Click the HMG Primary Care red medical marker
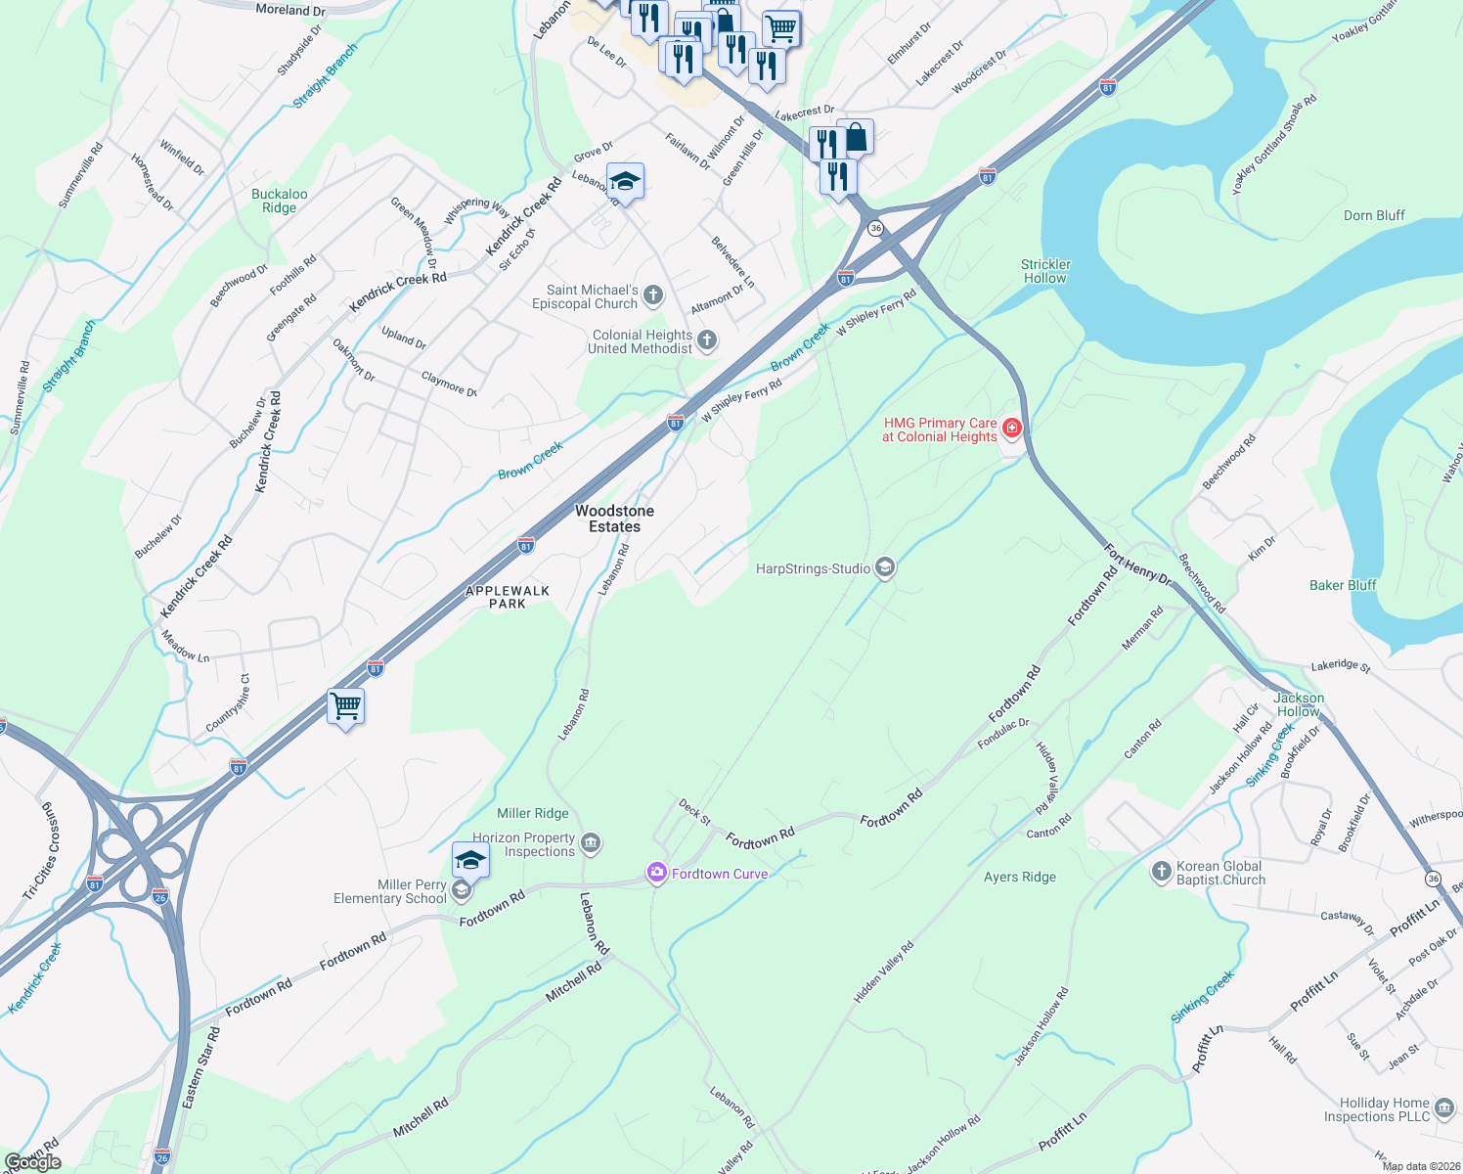point(1012,429)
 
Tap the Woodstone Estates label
point(614,519)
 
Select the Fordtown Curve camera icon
point(656,873)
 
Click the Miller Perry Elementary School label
point(390,891)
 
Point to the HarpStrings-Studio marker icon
point(884,568)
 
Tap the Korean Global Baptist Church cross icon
point(1161,872)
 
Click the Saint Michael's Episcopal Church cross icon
point(653,295)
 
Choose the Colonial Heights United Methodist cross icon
point(707,340)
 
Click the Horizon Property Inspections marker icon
point(591,843)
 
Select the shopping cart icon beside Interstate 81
point(346,705)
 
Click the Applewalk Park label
point(508,597)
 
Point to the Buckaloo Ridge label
point(280,201)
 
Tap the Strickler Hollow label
point(1045,271)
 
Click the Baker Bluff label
point(1343,585)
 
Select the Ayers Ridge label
point(1020,877)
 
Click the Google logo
point(32,1162)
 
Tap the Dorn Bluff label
point(1374,215)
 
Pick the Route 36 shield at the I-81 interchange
point(875,228)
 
